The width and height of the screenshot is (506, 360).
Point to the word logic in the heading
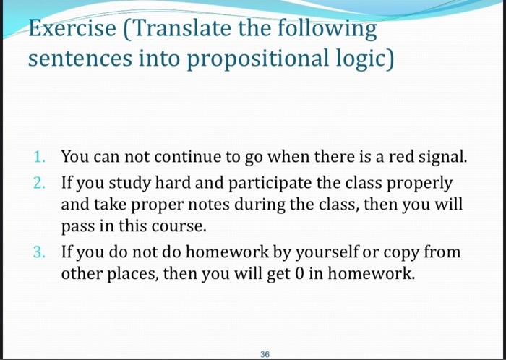click(361, 58)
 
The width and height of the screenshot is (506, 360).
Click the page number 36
click(264, 354)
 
